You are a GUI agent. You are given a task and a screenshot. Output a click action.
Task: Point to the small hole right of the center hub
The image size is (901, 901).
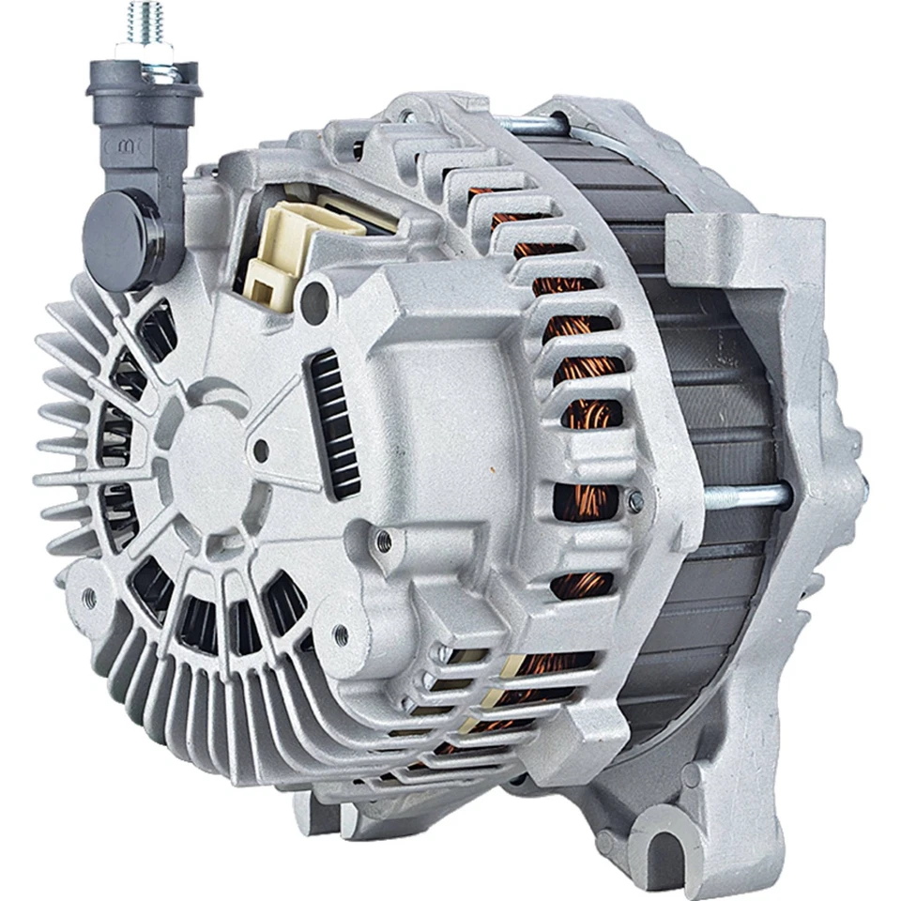coord(261,453)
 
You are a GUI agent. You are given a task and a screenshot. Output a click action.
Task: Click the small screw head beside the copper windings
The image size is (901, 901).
coord(635,502)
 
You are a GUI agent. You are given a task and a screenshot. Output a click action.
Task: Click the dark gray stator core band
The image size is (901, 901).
coord(713,394)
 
